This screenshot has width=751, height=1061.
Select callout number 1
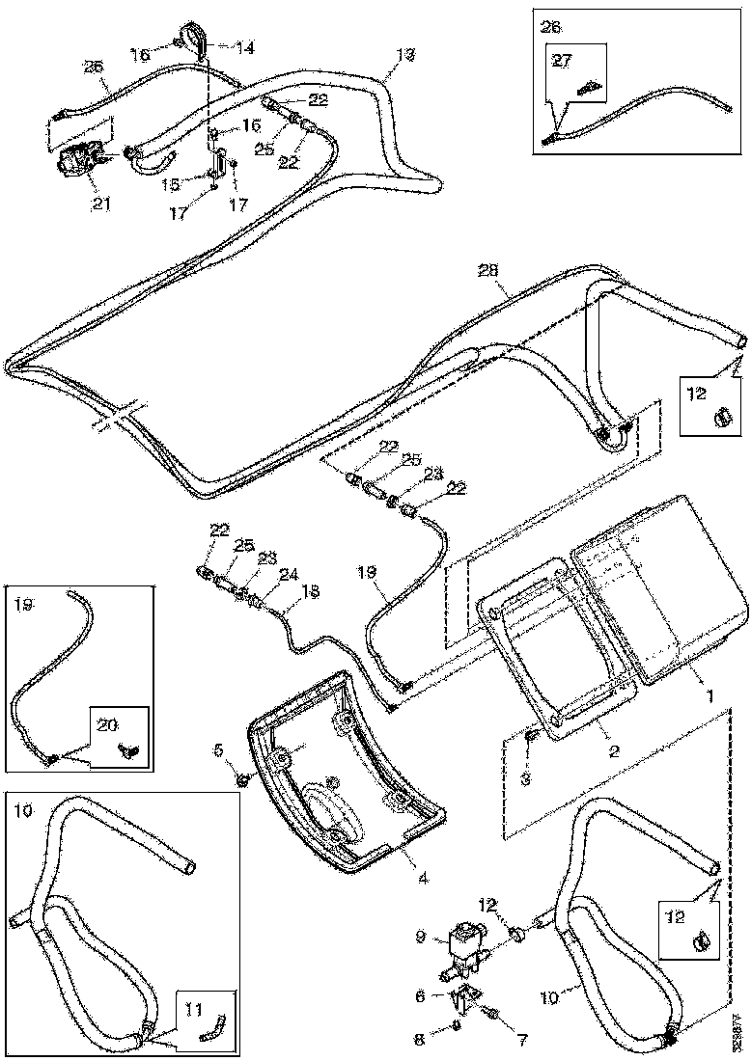[x=708, y=692]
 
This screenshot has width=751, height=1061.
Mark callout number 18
[x=284, y=592]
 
